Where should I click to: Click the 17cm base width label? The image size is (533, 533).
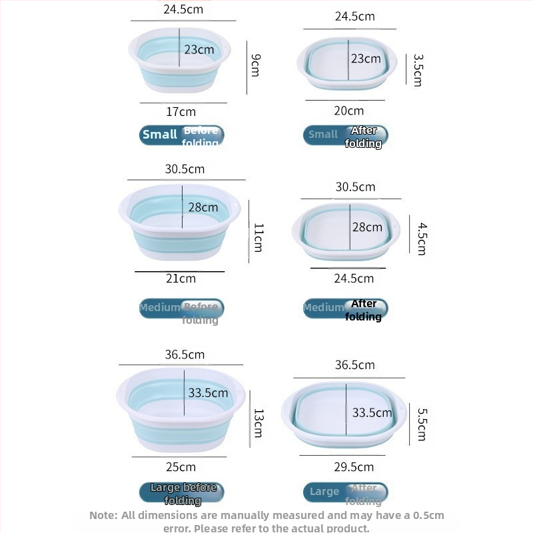(x=181, y=111)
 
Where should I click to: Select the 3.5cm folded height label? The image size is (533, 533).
(x=418, y=70)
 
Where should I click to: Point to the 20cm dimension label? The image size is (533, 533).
(x=349, y=111)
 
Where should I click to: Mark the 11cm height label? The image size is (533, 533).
(x=258, y=237)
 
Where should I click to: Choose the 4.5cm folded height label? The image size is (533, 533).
(x=421, y=239)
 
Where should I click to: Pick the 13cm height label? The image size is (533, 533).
(x=258, y=424)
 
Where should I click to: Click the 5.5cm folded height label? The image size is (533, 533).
(x=421, y=424)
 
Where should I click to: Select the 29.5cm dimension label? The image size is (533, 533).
(x=354, y=467)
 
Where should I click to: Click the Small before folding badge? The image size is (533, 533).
(x=181, y=135)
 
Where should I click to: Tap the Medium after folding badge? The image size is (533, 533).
(x=345, y=309)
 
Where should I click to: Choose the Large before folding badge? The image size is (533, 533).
(x=181, y=493)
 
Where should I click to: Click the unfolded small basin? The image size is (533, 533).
(x=179, y=61)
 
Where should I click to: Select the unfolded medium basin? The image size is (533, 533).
(x=179, y=222)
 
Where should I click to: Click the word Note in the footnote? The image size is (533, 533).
(x=103, y=515)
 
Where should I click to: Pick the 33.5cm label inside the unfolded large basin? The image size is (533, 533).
(x=208, y=393)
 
